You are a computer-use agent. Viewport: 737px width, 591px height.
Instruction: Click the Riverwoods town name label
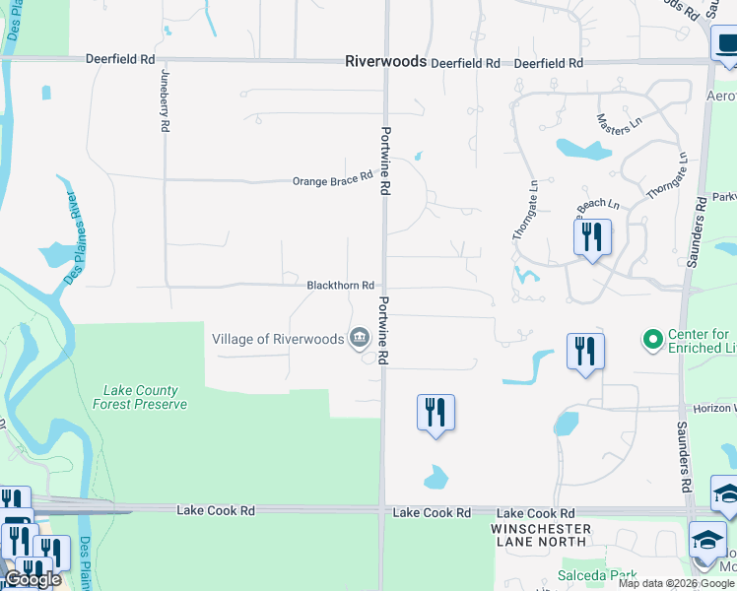(x=385, y=61)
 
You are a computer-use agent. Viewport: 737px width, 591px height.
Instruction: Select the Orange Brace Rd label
(x=332, y=179)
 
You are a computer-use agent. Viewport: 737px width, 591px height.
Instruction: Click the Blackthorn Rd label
(x=340, y=285)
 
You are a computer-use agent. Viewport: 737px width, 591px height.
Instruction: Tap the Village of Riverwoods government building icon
(x=359, y=339)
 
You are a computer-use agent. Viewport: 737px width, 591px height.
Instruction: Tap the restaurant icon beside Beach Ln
(x=591, y=237)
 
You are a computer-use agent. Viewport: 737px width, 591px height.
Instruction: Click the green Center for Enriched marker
(x=650, y=341)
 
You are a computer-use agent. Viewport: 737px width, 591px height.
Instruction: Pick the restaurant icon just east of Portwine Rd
(x=435, y=412)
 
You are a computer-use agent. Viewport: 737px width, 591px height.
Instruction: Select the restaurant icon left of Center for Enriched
(x=585, y=352)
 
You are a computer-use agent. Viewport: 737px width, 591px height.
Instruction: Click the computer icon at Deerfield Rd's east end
(x=723, y=45)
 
